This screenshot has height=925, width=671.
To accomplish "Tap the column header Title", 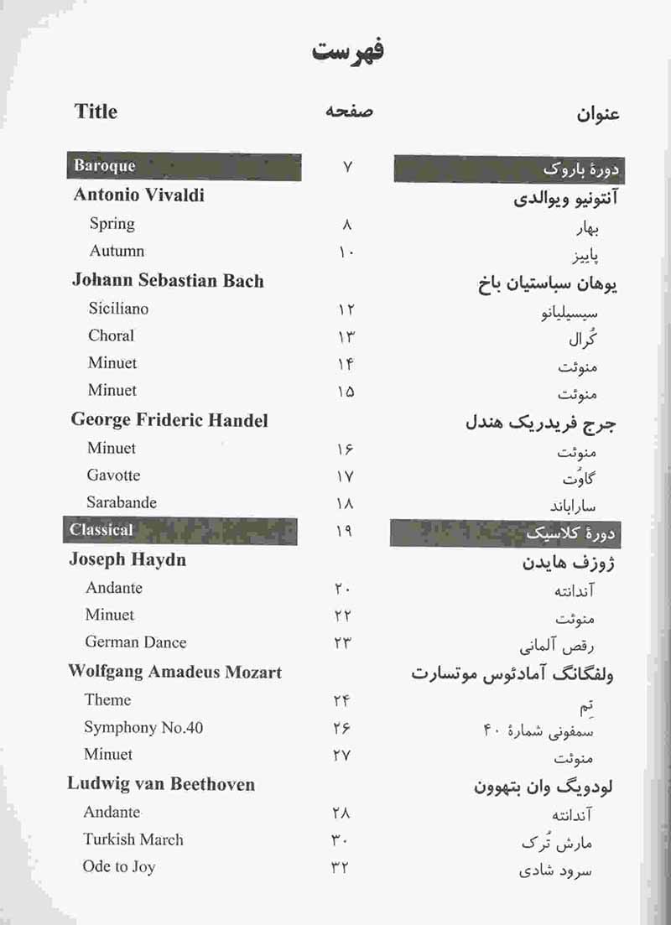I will point(96,112).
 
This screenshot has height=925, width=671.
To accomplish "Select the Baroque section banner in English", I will point(104,165).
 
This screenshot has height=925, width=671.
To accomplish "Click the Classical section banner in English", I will point(101,530).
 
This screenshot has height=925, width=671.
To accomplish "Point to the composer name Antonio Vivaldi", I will point(138,195).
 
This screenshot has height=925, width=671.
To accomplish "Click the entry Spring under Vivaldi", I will point(112,224).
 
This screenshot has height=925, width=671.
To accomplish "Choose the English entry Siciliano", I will point(118,309).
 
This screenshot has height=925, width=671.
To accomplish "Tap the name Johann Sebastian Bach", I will point(168,281).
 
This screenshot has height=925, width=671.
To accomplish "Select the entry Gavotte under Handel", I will point(113,475).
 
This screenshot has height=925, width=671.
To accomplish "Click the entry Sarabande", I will point(122,502).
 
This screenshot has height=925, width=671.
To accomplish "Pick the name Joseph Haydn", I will point(127,559).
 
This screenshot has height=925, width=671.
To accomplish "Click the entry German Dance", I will point(136,642).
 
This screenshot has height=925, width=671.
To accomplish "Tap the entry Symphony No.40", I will point(143,727).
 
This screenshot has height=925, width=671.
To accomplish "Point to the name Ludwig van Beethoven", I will point(161,784).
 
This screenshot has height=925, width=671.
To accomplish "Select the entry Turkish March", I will point(133,839).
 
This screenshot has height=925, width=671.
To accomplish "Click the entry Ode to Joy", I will point(119,867).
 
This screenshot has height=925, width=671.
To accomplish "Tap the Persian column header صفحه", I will point(348,112).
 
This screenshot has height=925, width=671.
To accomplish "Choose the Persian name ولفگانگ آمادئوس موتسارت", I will point(512,674).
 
